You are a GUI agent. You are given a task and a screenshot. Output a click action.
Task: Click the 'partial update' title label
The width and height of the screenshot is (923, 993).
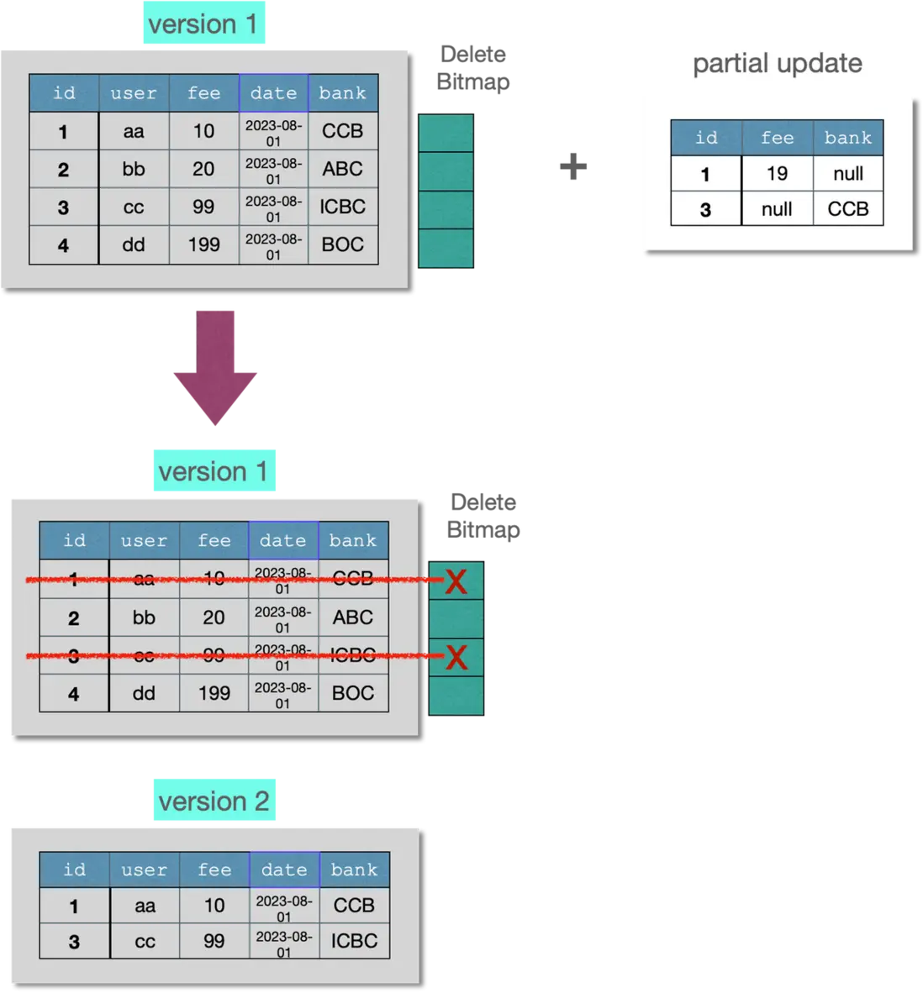click(778, 64)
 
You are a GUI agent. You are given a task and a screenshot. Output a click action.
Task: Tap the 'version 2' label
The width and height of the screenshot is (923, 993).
click(214, 801)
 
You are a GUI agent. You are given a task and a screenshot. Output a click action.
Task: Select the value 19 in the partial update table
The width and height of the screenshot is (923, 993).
click(777, 174)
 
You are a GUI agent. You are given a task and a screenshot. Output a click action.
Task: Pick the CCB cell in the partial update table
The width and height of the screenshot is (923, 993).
click(847, 209)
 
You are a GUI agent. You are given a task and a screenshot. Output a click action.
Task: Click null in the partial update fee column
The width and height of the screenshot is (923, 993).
click(777, 209)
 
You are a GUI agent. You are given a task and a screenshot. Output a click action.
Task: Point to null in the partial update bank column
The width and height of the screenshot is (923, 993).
click(847, 174)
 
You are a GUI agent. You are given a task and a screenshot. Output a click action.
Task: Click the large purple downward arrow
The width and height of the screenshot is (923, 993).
click(215, 365)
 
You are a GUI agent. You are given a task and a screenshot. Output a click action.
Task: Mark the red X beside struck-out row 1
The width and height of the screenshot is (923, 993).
click(456, 581)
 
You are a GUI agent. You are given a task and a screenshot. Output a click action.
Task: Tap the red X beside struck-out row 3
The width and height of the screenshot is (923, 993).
click(456, 657)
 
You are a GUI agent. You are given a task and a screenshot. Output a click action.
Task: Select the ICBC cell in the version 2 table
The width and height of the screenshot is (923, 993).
click(354, 941)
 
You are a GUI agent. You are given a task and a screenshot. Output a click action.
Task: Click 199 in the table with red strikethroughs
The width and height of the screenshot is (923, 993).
click(214, 693)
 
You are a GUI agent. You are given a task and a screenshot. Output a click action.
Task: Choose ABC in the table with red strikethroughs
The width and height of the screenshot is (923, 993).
click(353, 617)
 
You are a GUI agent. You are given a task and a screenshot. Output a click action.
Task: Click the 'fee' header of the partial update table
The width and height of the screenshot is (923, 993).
click(777, 138)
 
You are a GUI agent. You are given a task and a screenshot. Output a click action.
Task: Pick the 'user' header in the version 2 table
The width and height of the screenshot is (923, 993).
click(145, 870)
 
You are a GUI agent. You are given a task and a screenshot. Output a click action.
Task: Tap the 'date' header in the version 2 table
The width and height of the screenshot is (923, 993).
click(284, 870)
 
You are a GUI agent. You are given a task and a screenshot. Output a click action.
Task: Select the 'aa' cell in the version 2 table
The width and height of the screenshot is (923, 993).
click(145, 906)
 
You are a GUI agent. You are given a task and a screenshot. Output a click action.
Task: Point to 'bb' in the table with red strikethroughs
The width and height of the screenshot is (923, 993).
click(144, 617)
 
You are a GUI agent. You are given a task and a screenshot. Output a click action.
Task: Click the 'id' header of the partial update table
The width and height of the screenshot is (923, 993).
click(706, 138)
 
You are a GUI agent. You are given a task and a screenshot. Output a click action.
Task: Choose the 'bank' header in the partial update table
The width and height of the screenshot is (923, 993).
click(847, 138)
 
